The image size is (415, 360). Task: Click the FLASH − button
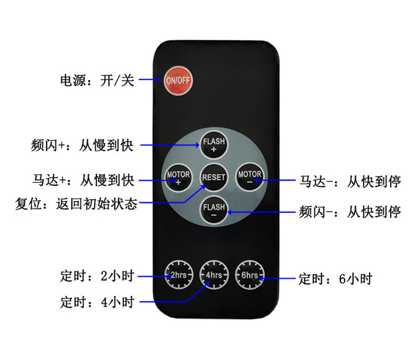(x=214, y=211)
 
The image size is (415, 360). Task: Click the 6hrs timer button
(x=250, y=275)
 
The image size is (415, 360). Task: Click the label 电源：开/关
(x=97, y=81)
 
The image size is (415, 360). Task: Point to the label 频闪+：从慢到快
(x=82, y=146)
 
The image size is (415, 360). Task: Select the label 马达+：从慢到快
(x=83, y=180)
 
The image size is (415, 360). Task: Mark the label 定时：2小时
(x=97, y=275)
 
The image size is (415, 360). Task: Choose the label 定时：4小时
(x=97, y=302)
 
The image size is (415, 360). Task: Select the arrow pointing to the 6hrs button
(x=279, y=278)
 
